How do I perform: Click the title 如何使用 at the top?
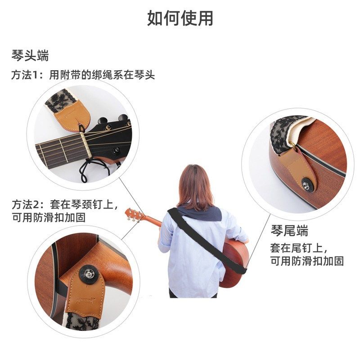point(180,18)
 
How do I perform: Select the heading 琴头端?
point(30,56)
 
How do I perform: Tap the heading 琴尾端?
point(289,231)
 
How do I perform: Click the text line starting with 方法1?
point(83,75)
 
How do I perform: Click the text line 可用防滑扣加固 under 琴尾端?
point(307,261)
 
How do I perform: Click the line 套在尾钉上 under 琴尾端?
point(298,247)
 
